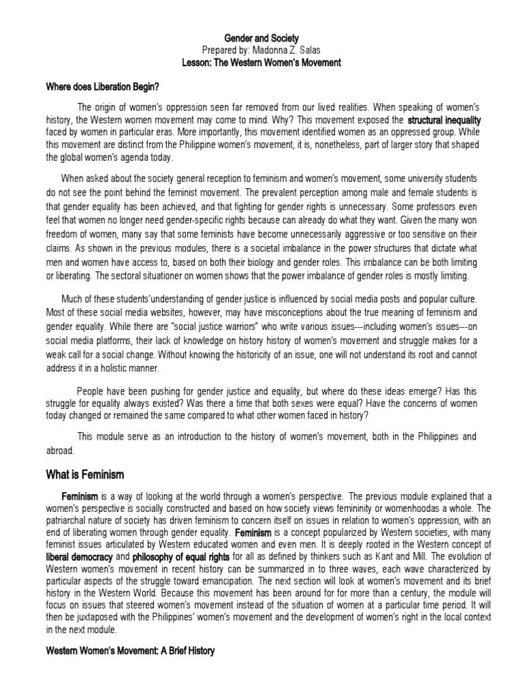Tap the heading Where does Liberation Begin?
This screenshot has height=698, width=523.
tap(102, 87)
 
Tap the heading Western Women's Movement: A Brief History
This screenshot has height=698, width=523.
tap(130, 651)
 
